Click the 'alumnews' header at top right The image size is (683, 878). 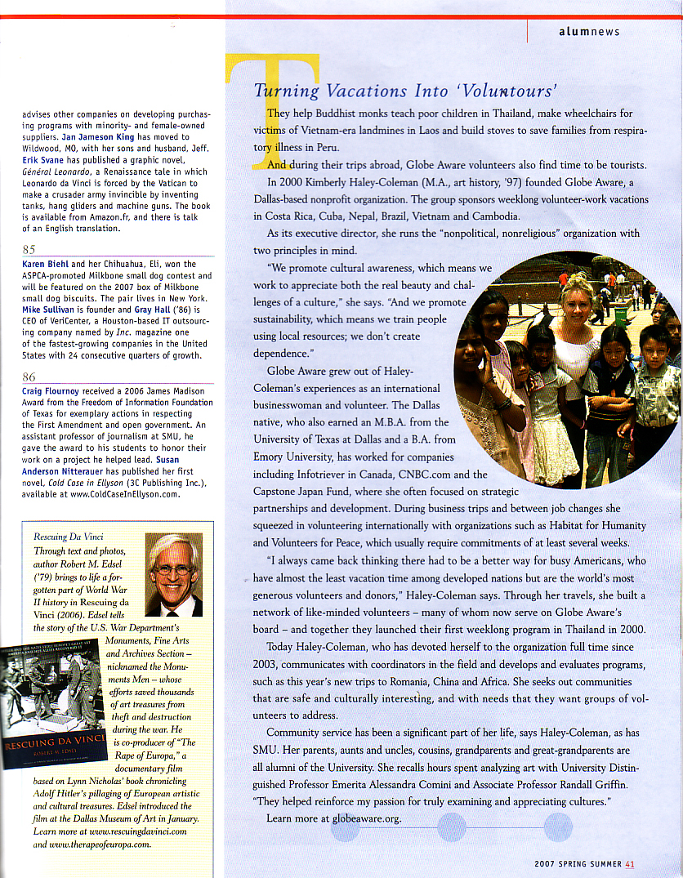point(589,32)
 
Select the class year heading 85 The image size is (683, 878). point(29,249)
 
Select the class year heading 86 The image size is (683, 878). point(29,377)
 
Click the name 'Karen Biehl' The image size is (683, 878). point(46,265)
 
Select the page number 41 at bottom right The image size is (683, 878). point(630,864)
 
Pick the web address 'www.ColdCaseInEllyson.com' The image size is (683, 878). point(125,494)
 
